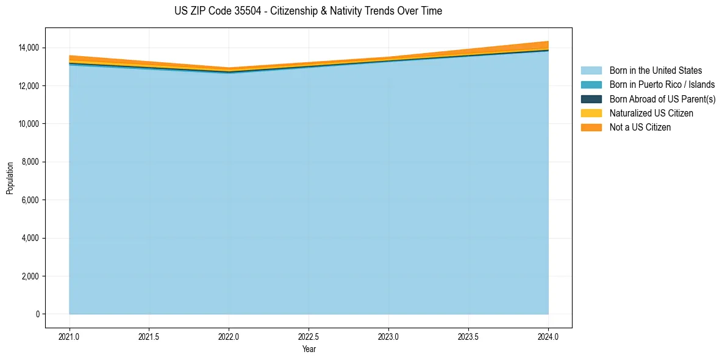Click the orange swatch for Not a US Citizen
click(591, 127)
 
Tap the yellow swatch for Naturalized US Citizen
click(591, 113)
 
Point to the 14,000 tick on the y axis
click(28, 48)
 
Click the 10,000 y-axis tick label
click(28, 124)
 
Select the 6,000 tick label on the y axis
click(30, 200)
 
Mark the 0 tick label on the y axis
click(37, 314)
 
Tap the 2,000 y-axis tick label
click(30, 276)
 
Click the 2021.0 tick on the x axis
click(70, 336)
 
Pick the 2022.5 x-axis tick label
click(309, 336)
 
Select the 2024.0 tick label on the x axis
click(548, 336)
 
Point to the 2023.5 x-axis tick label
click(468, 336)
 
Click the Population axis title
click(10, 178)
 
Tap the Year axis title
click(309, 349)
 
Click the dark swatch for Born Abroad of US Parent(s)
click(591, 99)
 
